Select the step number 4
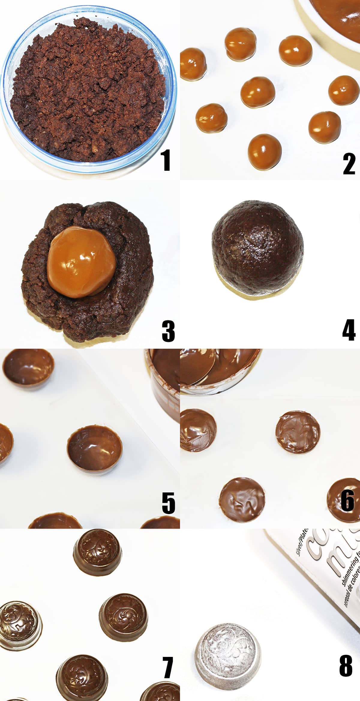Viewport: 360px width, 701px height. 349,330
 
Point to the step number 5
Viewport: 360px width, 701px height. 168,503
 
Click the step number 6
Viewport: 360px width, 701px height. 348,500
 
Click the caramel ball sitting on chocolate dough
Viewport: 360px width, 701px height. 81,262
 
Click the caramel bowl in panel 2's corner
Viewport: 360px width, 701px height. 336,18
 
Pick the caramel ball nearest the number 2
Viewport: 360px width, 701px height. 325,127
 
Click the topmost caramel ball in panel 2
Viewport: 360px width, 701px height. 241,44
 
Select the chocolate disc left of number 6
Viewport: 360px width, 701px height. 298,432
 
